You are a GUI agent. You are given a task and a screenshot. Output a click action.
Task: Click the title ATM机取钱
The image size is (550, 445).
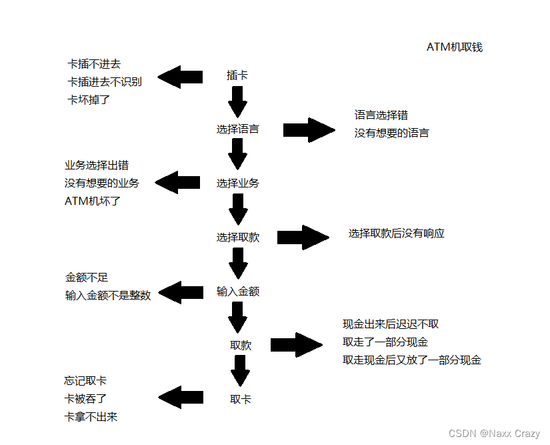[454, 47]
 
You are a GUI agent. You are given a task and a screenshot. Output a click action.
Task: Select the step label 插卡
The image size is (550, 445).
[237, 75]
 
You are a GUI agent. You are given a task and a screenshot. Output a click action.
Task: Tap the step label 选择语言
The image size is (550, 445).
[237, 129]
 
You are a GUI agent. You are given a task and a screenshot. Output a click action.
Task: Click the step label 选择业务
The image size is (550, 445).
[237, 183]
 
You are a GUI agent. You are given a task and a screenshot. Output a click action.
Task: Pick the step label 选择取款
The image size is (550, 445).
[237, 238]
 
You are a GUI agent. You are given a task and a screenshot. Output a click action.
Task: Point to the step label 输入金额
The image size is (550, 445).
[237, 292]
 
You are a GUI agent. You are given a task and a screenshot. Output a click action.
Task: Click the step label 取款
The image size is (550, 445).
[240, 345]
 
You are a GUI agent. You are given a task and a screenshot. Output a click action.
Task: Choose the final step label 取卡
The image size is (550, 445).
[240, 399]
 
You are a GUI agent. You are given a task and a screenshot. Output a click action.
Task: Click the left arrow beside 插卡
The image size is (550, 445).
[179, 77]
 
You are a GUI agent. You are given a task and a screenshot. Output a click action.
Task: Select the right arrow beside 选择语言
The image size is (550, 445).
[309, 129]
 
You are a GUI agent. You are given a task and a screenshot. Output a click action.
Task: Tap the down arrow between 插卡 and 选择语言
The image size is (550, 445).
[237, 102]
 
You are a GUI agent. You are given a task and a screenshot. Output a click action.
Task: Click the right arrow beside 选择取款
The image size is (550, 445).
[303, 238]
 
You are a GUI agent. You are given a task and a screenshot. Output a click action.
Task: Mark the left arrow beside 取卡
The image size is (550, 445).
[180, 398]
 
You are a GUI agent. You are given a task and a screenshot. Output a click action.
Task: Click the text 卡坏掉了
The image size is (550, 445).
[88, 99]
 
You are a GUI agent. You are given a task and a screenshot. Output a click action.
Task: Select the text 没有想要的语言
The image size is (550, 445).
[391, 133]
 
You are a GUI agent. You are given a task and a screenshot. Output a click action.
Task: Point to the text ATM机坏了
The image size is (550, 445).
[93, 201]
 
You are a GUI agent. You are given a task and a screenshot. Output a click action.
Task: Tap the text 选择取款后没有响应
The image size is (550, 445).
[396, 234]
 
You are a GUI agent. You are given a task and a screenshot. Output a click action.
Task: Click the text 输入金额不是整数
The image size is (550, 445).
[108, 296]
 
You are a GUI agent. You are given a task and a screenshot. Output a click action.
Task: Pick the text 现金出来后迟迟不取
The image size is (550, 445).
[391, 324]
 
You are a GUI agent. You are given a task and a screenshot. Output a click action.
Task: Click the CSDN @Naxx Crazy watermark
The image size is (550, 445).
[494, 434]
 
